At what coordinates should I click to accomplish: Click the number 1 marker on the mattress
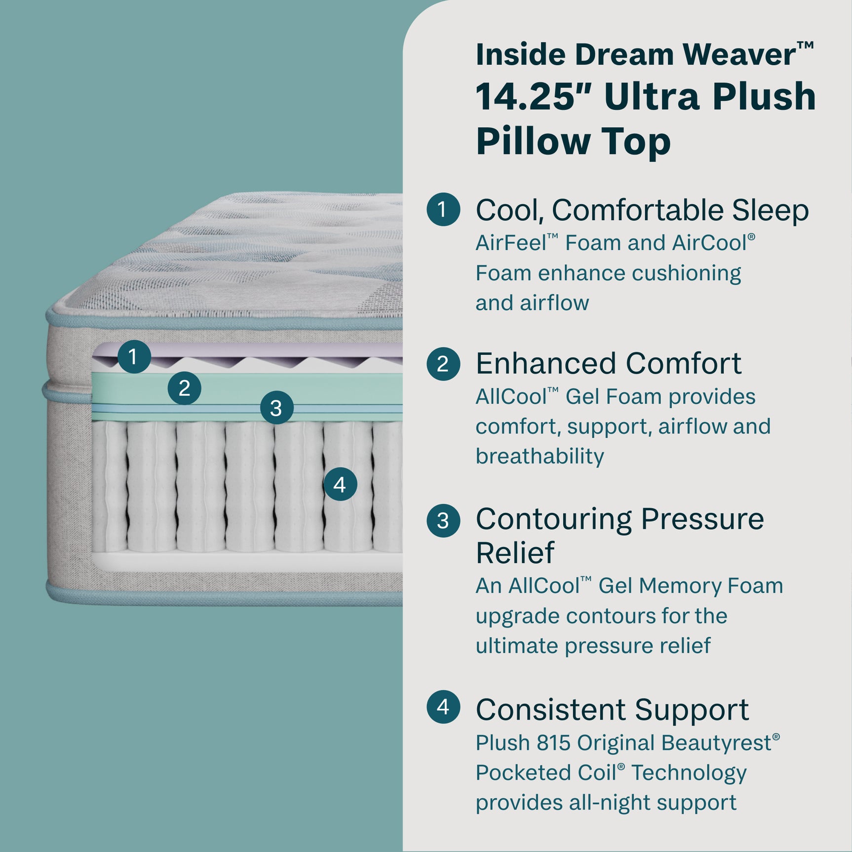click(x=134, y=356)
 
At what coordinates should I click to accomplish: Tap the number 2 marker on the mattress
click(x=184, y=388)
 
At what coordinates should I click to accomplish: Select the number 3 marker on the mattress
click(x=276, y=408)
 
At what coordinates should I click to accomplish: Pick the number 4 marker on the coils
click(x=340, y=484)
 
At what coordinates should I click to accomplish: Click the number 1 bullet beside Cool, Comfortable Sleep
click(x=443, y=209)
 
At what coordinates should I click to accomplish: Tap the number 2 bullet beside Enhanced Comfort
click(x=443, y=364)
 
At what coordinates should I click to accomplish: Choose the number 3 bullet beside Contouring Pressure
click(x=443, y=520)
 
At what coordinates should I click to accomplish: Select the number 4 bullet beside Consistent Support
click(x=443, y=707)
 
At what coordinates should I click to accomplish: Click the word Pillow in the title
click(x=533, y=142)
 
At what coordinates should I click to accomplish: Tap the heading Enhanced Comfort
click(x=608, y=364)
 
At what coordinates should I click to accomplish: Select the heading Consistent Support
click(x=612, y=709)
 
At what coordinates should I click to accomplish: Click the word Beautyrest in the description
click(x=716, y=742)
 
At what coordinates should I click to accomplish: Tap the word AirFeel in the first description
click(x=510, y=243)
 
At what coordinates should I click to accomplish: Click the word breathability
click(x=540, y=456)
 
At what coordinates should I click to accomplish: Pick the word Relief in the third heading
click(x=515, y=552)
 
